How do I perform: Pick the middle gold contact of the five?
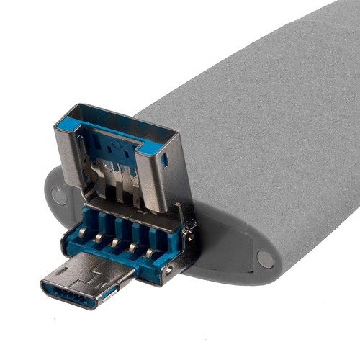[114, 243]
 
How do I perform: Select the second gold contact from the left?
[98, 237]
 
